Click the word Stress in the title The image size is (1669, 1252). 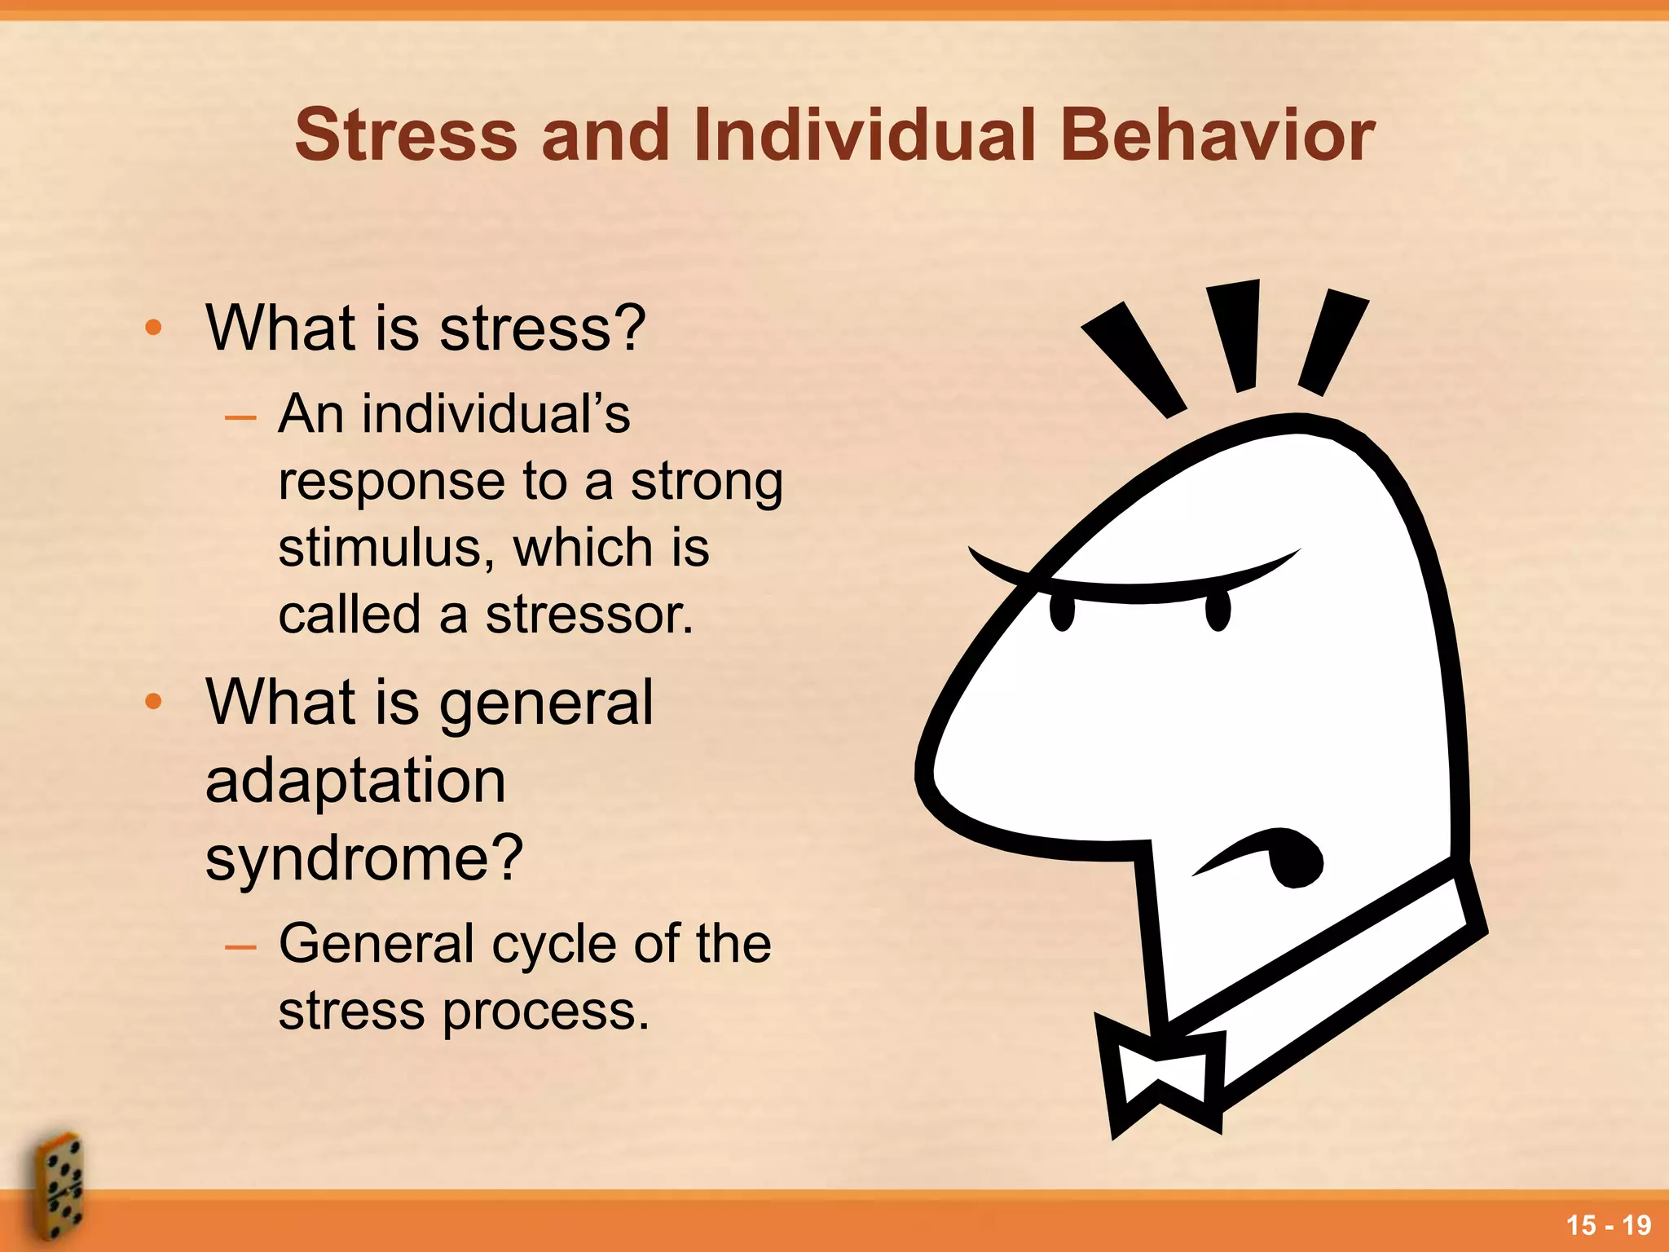[x=406, y=135]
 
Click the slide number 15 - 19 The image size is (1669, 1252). [x=1608, y=1225]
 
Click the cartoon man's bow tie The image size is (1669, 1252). [x=1161, y=1076]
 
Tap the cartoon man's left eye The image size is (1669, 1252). [x=1062, y=612]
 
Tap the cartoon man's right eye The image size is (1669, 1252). [x=1217, y=612]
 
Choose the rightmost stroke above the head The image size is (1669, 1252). [x=1333, y=342]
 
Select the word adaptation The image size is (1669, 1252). [x=355, y=781]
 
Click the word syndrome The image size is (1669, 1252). [x=363, y=859]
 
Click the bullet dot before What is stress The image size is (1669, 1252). [x=153, y=328]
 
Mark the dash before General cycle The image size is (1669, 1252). [x=240, y=946]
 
